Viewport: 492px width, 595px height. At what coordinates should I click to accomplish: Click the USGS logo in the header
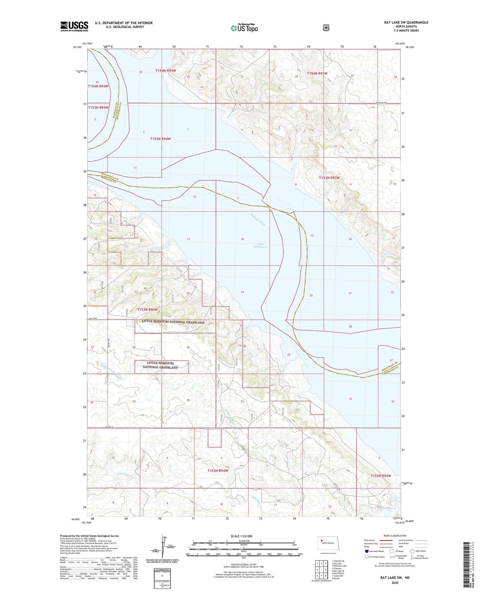[74, 26]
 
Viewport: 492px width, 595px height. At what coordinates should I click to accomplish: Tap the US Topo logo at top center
[244, 28]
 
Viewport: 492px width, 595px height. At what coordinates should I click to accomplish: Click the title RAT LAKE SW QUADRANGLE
[406, 22]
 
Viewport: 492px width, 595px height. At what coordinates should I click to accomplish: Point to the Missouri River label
[257, 219]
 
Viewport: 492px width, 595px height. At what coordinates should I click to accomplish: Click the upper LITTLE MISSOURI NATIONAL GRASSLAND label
[173, 322]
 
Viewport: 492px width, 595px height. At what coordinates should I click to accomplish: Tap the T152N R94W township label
[217, 471]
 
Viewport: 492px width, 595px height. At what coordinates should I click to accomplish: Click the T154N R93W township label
[317, 73]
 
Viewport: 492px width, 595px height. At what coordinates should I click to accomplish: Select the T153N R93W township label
[329, 178]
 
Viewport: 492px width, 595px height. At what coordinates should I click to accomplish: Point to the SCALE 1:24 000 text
[241, 536]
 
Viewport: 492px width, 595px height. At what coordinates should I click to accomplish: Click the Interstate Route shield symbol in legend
[366, 551]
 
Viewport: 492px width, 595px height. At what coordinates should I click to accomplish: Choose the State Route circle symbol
[412, 551]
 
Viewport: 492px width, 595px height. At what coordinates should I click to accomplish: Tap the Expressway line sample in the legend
[386, 540]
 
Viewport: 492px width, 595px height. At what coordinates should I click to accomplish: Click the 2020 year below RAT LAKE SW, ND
[395, 583]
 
